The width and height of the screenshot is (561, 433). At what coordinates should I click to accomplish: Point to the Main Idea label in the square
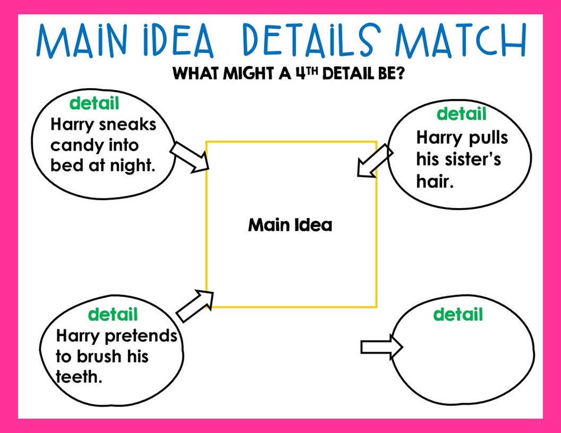coord(290,225)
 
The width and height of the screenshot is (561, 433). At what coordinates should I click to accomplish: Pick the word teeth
coord(79,377)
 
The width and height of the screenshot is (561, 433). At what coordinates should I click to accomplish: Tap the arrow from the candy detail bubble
coord(191,157)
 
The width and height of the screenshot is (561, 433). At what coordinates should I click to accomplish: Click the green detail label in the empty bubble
coord(458,315)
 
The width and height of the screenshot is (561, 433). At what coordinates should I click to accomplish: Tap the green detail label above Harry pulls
coord(461,114)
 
